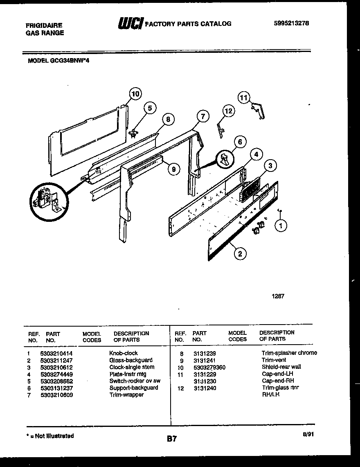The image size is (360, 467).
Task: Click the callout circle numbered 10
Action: coord(135,94)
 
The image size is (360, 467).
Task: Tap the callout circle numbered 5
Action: coord(150,108)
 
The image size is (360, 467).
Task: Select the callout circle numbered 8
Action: coord(167,119)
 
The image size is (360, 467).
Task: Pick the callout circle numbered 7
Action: coord(202,116)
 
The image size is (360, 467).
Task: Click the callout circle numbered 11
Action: coord(244,97)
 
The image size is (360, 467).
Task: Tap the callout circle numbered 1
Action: coord(281,225)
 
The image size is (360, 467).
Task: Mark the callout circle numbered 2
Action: coord(240,254)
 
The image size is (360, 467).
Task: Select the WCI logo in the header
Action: coord(130,24)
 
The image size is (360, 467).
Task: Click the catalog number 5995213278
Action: coord(291,23)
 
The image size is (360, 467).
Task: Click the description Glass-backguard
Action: coord(130,360)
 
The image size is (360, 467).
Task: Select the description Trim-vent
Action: coord(274,360)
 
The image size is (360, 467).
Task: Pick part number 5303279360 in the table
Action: coord(209,367)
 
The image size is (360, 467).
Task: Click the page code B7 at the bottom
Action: coord(172,439)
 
